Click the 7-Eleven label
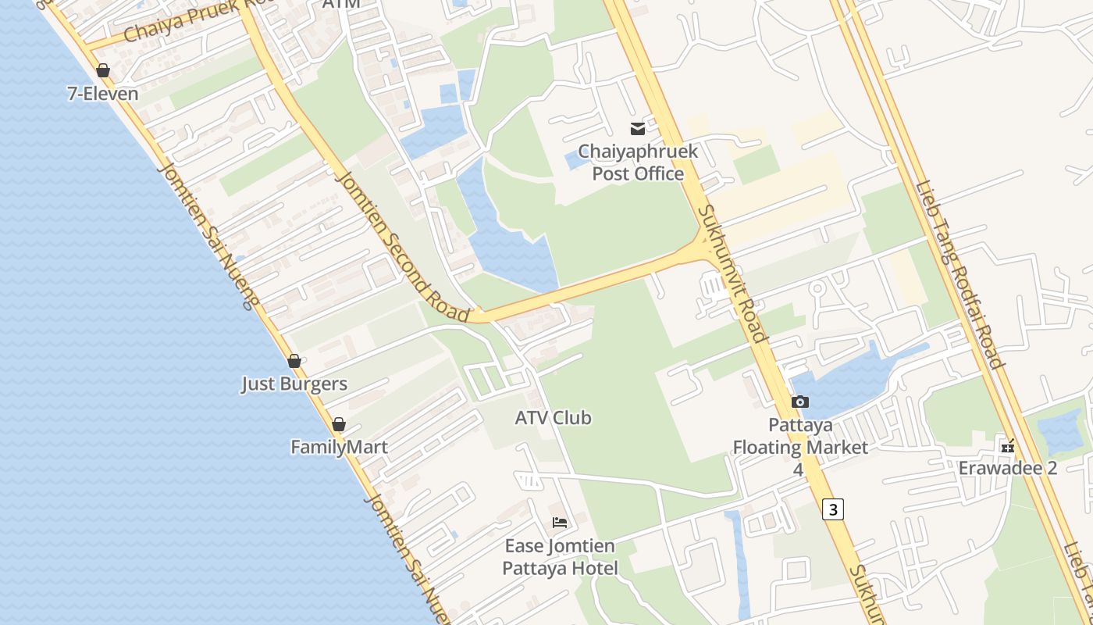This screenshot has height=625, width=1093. click(103, 95)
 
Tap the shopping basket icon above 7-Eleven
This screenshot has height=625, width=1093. click(103, 71)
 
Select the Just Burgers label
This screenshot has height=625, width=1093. click(294, 384)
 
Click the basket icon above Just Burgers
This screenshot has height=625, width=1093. click(294, 361)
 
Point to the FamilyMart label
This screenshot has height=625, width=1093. click(339, 448)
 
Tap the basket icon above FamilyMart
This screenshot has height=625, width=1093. click(339, 424)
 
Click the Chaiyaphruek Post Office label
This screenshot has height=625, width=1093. click(638, 162)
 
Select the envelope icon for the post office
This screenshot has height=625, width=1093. click(638, 129)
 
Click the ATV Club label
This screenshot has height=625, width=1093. click(553, 418)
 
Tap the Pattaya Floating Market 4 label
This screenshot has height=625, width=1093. click(800, 448)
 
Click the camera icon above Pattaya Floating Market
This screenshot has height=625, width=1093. click(800, 402)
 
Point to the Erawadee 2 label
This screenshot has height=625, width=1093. click(1008, 468)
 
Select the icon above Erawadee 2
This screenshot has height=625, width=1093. click(1008, 447)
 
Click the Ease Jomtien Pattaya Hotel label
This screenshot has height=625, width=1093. click(560, 557)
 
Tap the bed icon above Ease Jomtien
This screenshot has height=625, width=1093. click(560, 523)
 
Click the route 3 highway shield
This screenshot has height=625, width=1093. click(833, 509)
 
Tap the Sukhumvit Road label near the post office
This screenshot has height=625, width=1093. click(731, 273)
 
